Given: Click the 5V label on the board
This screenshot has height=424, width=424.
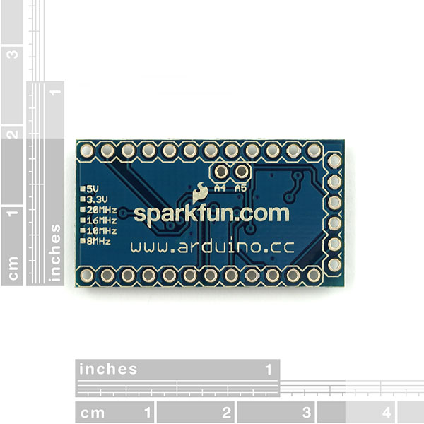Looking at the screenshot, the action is click(93, 189).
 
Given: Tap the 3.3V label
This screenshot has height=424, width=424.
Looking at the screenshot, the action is click(97, 199).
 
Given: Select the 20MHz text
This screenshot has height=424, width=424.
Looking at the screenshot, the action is click(102, 210).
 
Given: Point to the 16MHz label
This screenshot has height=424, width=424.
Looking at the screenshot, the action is click(102, 220).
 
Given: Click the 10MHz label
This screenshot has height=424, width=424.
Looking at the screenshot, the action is click(102, 231).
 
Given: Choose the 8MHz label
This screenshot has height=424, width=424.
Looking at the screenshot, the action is click(99, 241).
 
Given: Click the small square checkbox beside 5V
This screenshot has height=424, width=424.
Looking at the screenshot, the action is click(83, 189).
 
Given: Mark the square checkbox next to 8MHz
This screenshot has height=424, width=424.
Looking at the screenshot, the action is click(83, 241).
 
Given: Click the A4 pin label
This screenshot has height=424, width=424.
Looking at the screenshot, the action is click(220, 188).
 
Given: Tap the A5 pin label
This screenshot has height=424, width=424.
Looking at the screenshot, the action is click(241, 188).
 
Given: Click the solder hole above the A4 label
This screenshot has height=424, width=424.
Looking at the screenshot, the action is click(221, 172).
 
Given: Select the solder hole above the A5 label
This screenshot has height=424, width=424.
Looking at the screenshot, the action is click(242, 172).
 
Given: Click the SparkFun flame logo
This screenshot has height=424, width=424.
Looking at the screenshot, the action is click(200, 193).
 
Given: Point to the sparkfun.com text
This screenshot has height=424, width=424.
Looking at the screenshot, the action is click(211, 215).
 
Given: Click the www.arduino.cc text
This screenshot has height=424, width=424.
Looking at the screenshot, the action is click(212, 247).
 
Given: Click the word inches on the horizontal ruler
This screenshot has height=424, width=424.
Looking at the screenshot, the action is click(108, 370).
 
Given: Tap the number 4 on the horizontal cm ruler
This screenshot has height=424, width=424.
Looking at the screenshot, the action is click(387, 413).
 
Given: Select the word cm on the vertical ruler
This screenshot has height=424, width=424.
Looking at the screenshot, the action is click(13, 269).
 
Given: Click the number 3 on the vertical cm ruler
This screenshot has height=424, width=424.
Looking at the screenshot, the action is click(13, 54).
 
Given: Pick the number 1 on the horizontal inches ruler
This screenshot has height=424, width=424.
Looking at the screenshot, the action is click(269, 370).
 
